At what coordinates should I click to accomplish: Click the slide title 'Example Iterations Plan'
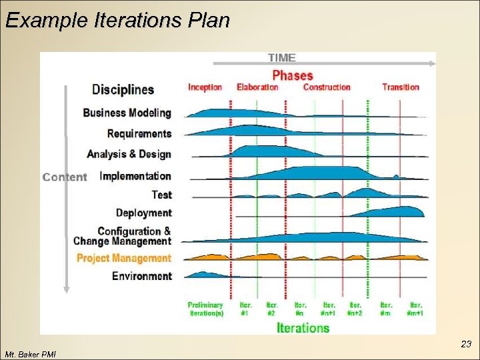coord(117,20)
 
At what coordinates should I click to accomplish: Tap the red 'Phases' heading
coord(293,75)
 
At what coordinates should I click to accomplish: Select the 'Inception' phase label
coord(205,87)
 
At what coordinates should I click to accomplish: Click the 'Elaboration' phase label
coord(257,87)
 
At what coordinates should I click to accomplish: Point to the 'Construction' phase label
coord(327,87)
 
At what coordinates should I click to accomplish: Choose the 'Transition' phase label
coord(401,87)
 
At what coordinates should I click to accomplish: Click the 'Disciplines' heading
coord(123,89)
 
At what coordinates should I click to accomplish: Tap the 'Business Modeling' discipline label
coord(127,113)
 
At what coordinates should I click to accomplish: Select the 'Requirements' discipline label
coord(139,133)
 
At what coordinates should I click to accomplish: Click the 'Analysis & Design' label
coord(129,154)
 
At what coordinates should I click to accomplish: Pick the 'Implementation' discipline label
coord(135,176)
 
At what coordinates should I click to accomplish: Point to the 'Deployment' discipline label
coord(143,213)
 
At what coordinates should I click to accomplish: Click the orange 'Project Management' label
coord(123,258)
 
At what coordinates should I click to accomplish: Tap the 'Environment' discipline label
coord(141,276)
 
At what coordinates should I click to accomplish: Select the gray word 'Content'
coord(65,177)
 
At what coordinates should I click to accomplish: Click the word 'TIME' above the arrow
coord(281,57)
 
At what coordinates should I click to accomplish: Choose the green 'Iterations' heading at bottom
coord(303,327)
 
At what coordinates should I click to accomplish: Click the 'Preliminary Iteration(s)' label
coord(205,309)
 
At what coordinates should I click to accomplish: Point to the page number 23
coord(466,345)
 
